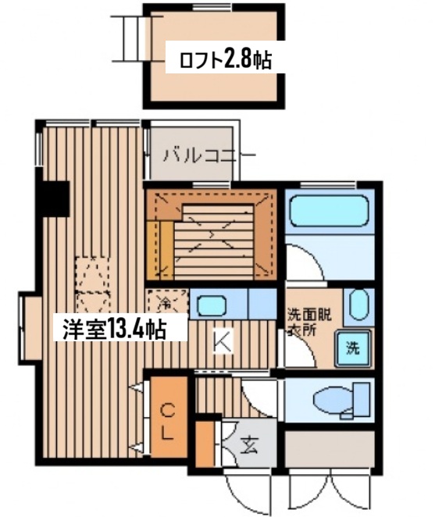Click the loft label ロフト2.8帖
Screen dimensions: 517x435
[225, 59]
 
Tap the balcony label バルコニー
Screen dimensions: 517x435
[206, 154]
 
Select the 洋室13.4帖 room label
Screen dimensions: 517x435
[114, 329]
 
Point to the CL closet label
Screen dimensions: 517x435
[168, 423]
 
